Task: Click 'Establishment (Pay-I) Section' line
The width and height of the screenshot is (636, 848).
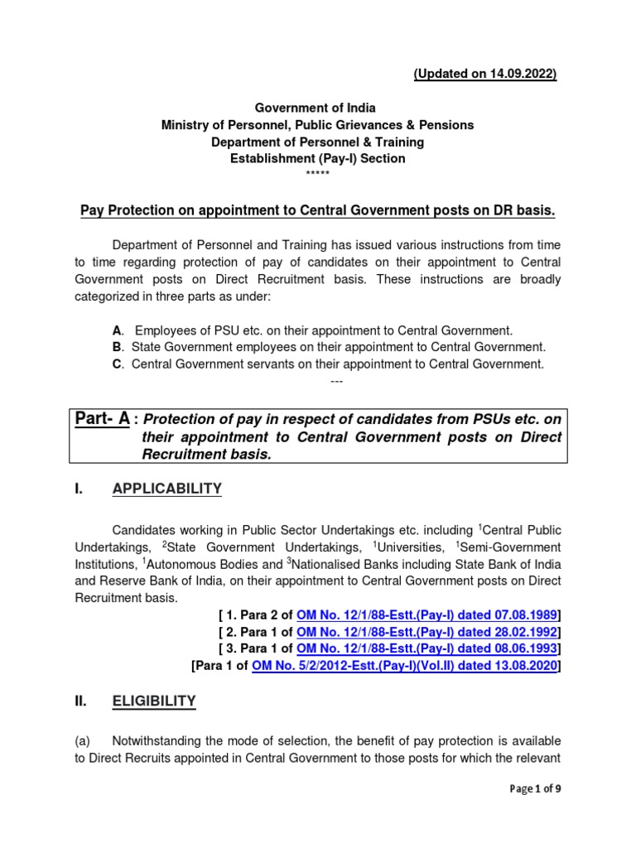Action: pos(317,158)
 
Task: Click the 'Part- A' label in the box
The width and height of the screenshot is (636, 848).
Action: pos(100,419)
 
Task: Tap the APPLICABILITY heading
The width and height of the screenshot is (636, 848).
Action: pos(166,489)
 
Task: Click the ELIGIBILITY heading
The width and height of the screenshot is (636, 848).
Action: pos(154,701)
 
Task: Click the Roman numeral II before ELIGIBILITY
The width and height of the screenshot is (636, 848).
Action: pos(81,702)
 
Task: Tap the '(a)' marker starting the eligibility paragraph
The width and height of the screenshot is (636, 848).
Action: pos(83,740)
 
